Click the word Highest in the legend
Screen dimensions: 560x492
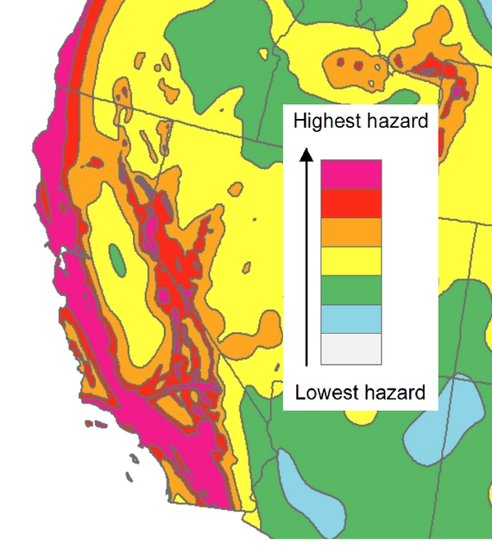tap(325, 122)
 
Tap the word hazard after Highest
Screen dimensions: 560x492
tap(394, 122)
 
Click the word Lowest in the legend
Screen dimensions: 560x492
tap(324, 393)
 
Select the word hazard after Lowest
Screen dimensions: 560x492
tap(392, 393)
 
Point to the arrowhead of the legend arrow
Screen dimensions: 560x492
tap(306, 153)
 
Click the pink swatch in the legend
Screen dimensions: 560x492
tap(351, 174)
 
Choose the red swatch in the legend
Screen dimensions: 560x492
tap(351, 203)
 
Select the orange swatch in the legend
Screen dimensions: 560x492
tap(351, 231)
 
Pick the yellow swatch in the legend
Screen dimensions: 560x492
tap(351, 261)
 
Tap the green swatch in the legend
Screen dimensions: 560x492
tap(351, 289)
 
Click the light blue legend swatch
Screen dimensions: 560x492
tap(351, 318)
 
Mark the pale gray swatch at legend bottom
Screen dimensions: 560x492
tap(351, 348)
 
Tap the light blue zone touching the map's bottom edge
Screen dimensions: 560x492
tap(303, 492)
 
